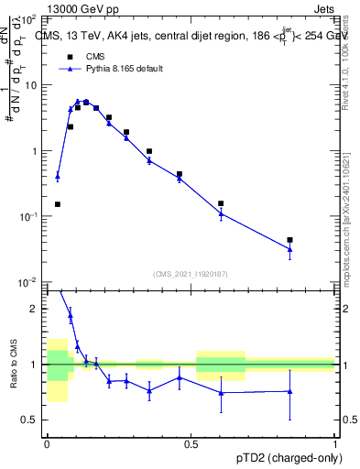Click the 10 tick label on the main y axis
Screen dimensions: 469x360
[31, 85]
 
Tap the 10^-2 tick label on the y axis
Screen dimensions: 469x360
[29, 282]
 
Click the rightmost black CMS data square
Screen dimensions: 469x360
[289, 240]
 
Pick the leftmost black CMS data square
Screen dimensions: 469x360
[58, 204]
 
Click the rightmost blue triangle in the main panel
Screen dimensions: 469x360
[289, 249]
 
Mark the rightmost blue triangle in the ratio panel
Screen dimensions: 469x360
[289, 391]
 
